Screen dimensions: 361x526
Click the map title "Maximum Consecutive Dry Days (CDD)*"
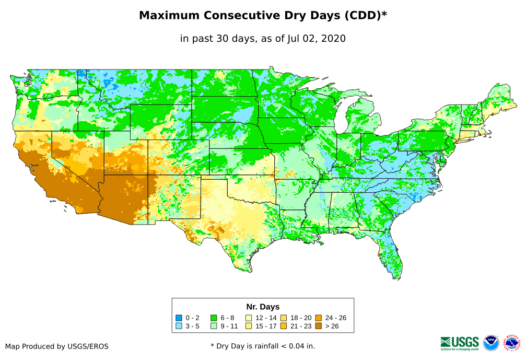click(263, 16)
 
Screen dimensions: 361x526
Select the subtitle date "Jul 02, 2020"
click(316, 39)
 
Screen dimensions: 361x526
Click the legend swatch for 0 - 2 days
click(179, 318)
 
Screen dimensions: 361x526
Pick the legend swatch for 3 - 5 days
click(179, 326)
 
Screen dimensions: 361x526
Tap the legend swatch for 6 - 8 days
click(214, 318)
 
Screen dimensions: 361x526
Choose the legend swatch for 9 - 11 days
click(214, 326)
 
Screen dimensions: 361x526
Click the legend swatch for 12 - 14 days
click(249, 318)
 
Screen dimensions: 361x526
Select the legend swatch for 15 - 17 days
click(249, 326)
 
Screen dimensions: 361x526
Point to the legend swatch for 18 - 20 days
click(284, 318)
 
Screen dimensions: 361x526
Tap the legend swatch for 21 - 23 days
click(284, 326)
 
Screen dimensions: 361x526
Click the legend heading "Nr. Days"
click(263, 307)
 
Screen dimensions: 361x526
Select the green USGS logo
click(460, 343)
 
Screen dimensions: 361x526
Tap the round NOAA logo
click(491, 343)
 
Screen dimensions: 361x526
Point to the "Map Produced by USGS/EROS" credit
click(57, 346)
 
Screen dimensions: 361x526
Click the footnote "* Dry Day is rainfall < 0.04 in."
click(263, 346)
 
